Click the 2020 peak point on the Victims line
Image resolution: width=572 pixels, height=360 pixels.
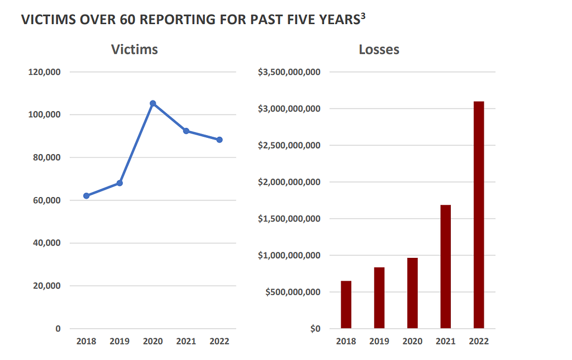click(152, 103)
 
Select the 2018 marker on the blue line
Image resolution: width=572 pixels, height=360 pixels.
click(87, 196)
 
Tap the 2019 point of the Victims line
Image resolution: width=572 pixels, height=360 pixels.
click(120, 183)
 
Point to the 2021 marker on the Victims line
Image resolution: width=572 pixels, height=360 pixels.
click(186, 131)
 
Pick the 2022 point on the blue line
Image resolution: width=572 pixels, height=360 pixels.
click(220, 140)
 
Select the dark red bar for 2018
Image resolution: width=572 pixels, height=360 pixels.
click(346, 305)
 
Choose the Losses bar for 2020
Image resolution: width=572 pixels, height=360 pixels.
click(412, 293)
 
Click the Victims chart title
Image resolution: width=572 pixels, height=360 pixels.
click(135, 49)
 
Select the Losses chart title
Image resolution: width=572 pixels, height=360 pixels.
click(379, 49)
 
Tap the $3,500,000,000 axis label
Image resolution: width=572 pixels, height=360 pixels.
click(289, 72)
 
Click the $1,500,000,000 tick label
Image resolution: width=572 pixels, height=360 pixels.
click(289, 218)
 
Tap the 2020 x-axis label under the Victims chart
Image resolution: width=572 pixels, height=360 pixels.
click(152, 342)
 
